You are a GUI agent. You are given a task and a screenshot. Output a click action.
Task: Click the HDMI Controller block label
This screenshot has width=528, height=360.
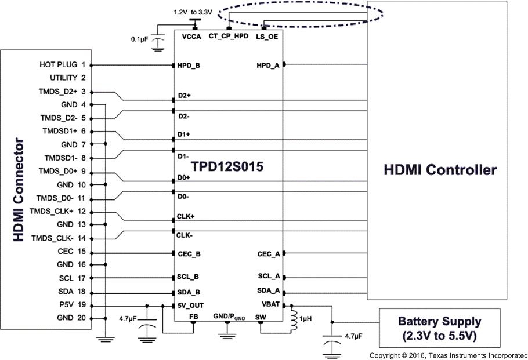(x=440, y=170)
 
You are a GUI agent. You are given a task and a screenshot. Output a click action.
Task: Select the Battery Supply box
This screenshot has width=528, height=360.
(x=439, y=328)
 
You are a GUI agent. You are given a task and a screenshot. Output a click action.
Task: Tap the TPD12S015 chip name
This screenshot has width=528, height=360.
(x=228, y=167)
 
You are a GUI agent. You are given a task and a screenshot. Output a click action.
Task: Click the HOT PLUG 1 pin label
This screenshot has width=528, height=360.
(x=63, y=64)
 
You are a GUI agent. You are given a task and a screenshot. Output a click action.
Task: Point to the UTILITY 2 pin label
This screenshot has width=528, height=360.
(x=67, y=78)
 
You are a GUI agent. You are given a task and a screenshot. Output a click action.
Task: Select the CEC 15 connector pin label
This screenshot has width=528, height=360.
(x=72, y=252)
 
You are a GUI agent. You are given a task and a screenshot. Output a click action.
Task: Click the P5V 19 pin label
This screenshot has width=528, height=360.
(x=72, y=305)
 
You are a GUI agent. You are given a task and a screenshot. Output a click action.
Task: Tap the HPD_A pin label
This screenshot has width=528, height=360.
(x=267, y=66)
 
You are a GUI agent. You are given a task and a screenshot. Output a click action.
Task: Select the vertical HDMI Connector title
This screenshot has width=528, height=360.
(x=19, y=190)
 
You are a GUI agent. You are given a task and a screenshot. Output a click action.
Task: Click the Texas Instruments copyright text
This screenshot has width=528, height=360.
(x=449, y=354)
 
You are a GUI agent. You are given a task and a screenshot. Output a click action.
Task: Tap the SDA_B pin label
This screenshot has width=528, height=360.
(x=189, y=292)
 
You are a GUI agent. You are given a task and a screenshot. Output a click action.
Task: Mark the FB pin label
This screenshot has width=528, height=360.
(x=194, y=316)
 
